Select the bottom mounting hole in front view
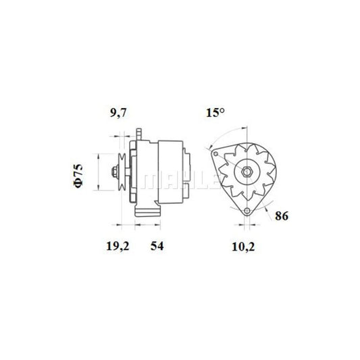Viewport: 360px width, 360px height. click(247, 210)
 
